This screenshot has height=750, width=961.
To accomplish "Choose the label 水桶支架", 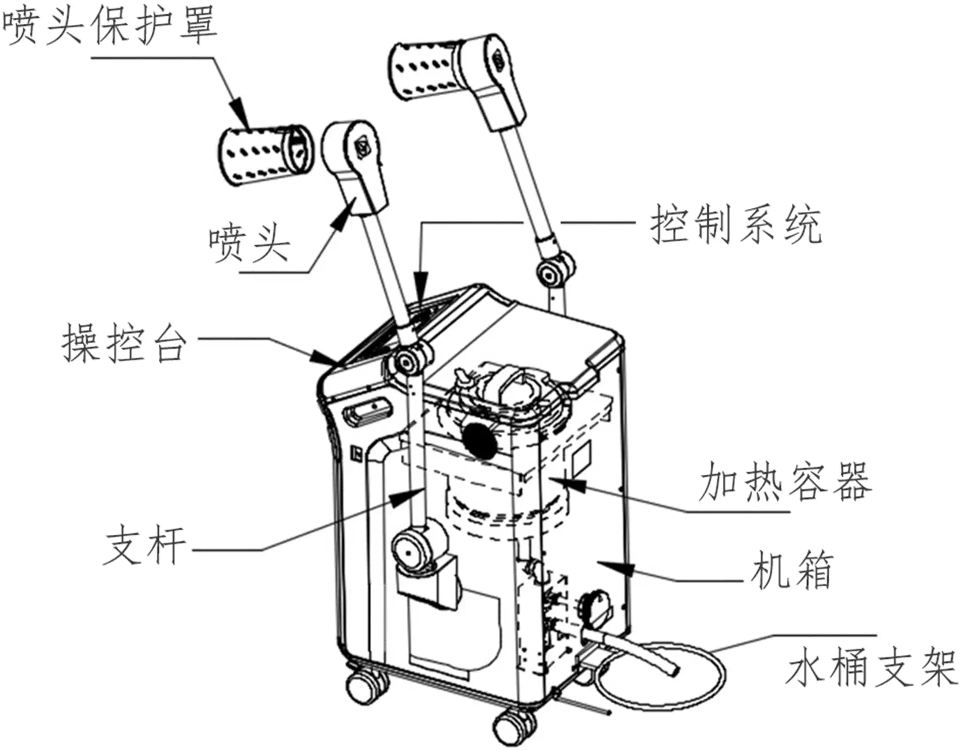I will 871,667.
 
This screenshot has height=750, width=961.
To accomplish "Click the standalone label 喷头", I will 249,244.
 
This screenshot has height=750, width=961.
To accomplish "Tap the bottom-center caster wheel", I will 514,724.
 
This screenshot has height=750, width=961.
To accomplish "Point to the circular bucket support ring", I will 661,675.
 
